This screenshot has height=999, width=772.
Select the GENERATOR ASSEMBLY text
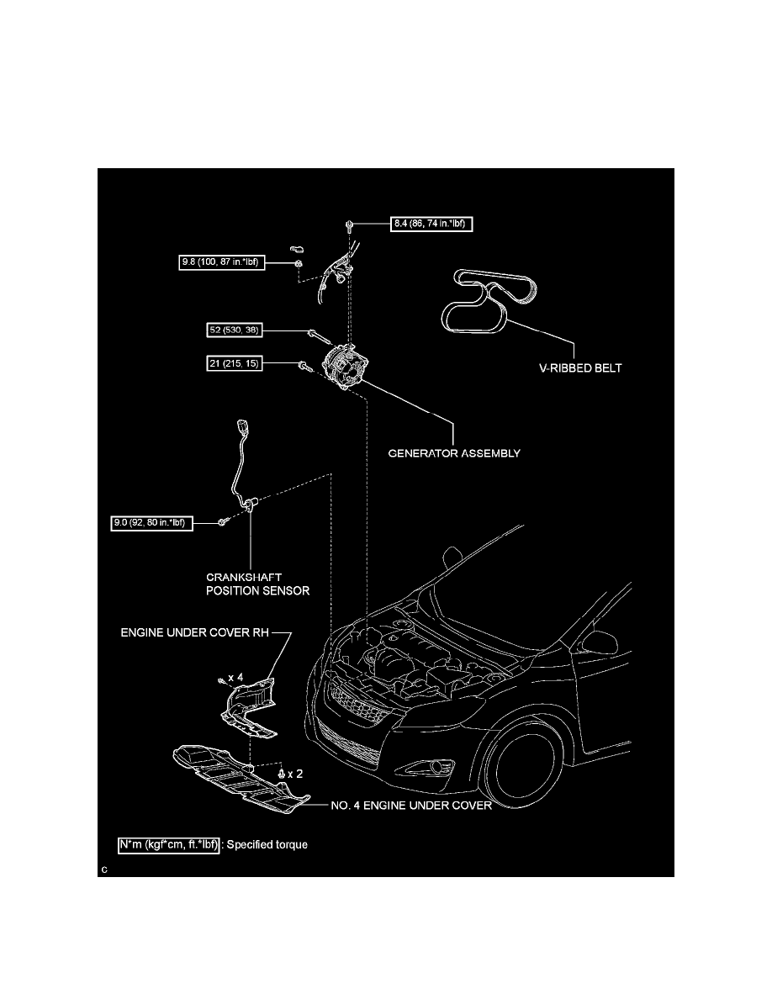pyautogui.click(x=453, y=453)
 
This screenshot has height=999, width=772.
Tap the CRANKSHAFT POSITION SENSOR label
pyautogui.click(x=258, y=584)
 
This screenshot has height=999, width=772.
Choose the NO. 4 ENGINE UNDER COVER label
pyautogui.click(x=411, y=805)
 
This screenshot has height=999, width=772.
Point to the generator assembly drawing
pyautogui.click(x=346, y=370)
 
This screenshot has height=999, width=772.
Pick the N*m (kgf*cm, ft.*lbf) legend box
pyautogui.click(x=170, y=843)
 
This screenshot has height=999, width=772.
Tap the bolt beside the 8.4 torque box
pyautogui.click(x=348, y=225)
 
